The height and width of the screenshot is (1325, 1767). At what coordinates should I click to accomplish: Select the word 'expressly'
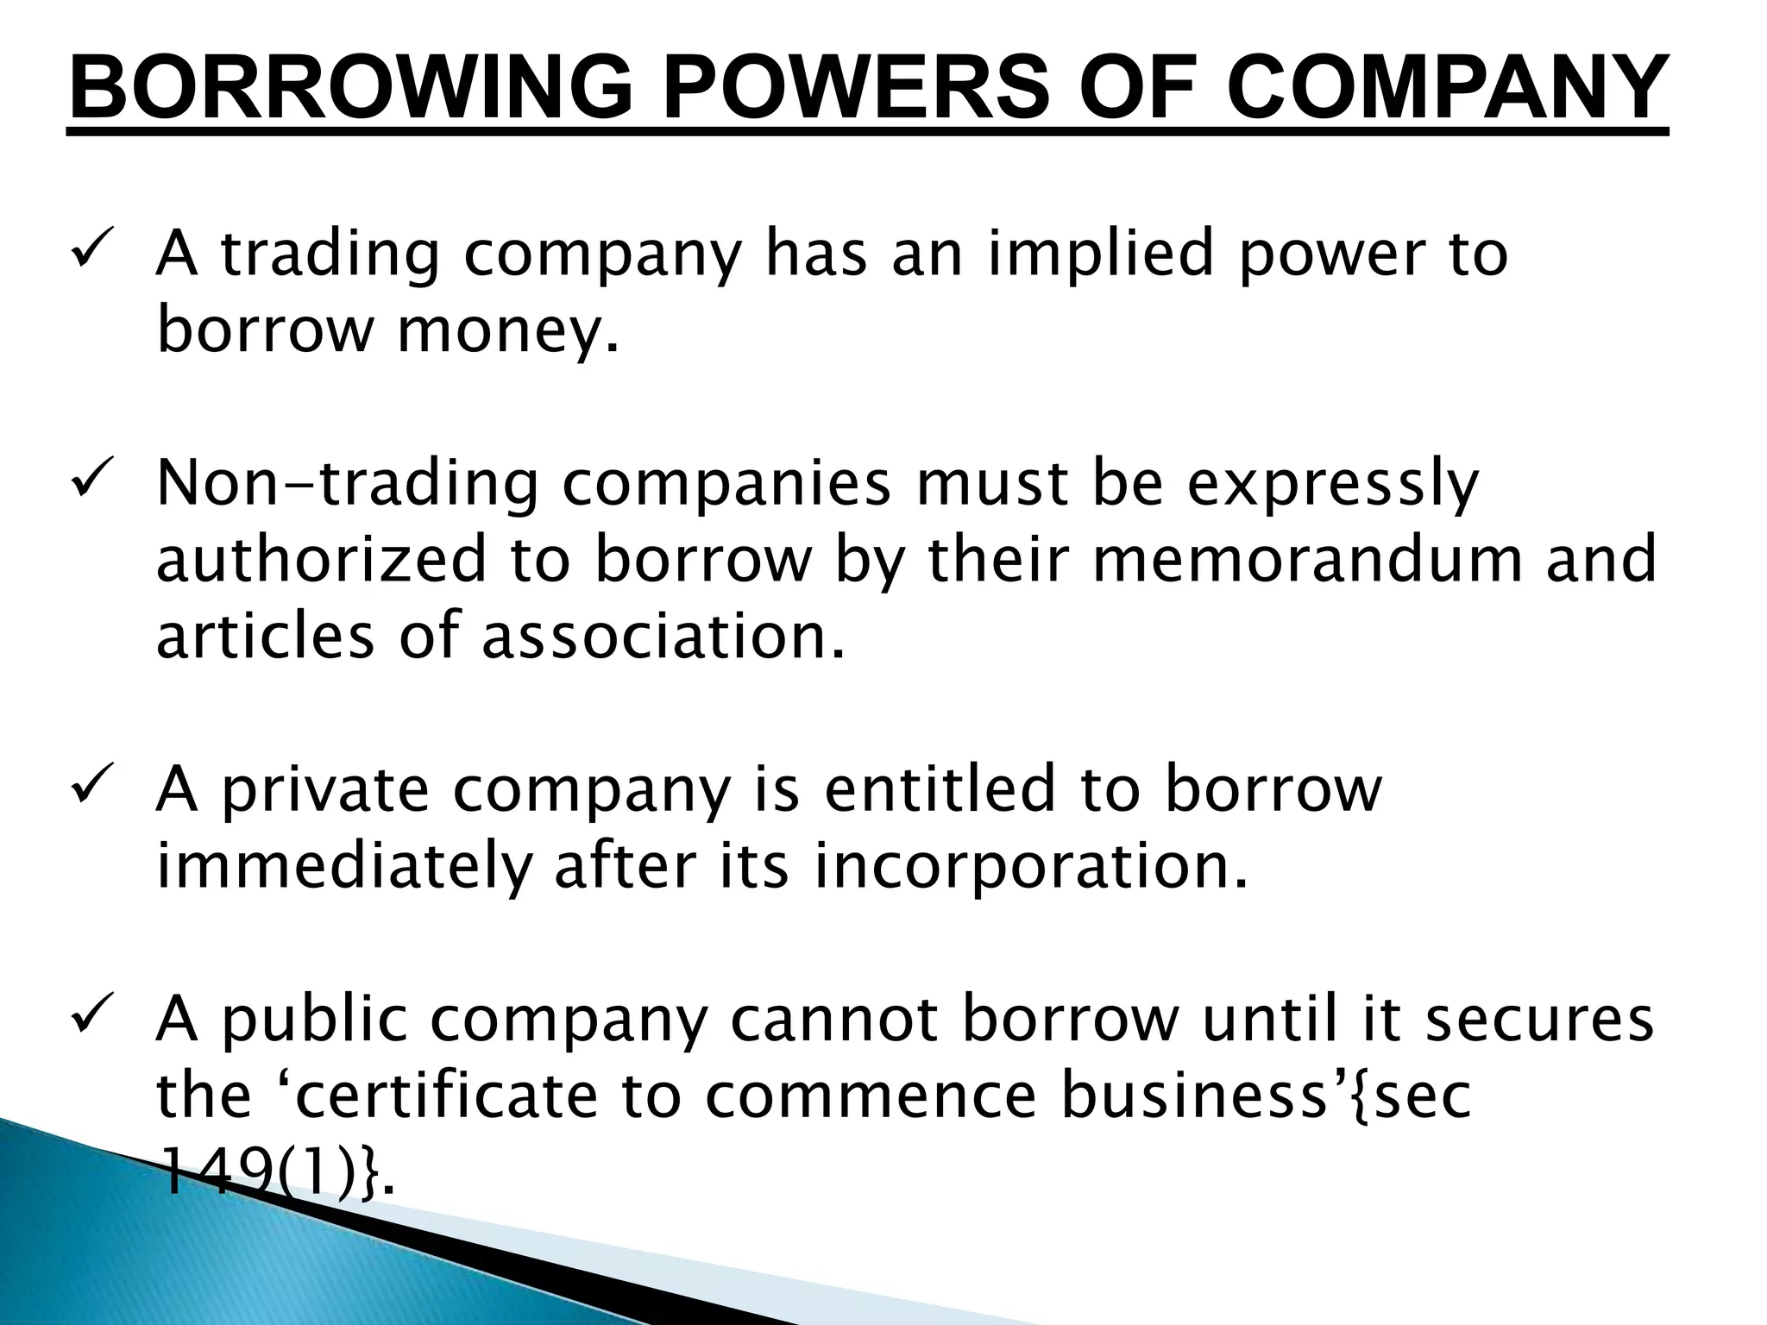pos(1333,485)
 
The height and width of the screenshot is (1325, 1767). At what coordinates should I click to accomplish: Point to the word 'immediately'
pos(342,867)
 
